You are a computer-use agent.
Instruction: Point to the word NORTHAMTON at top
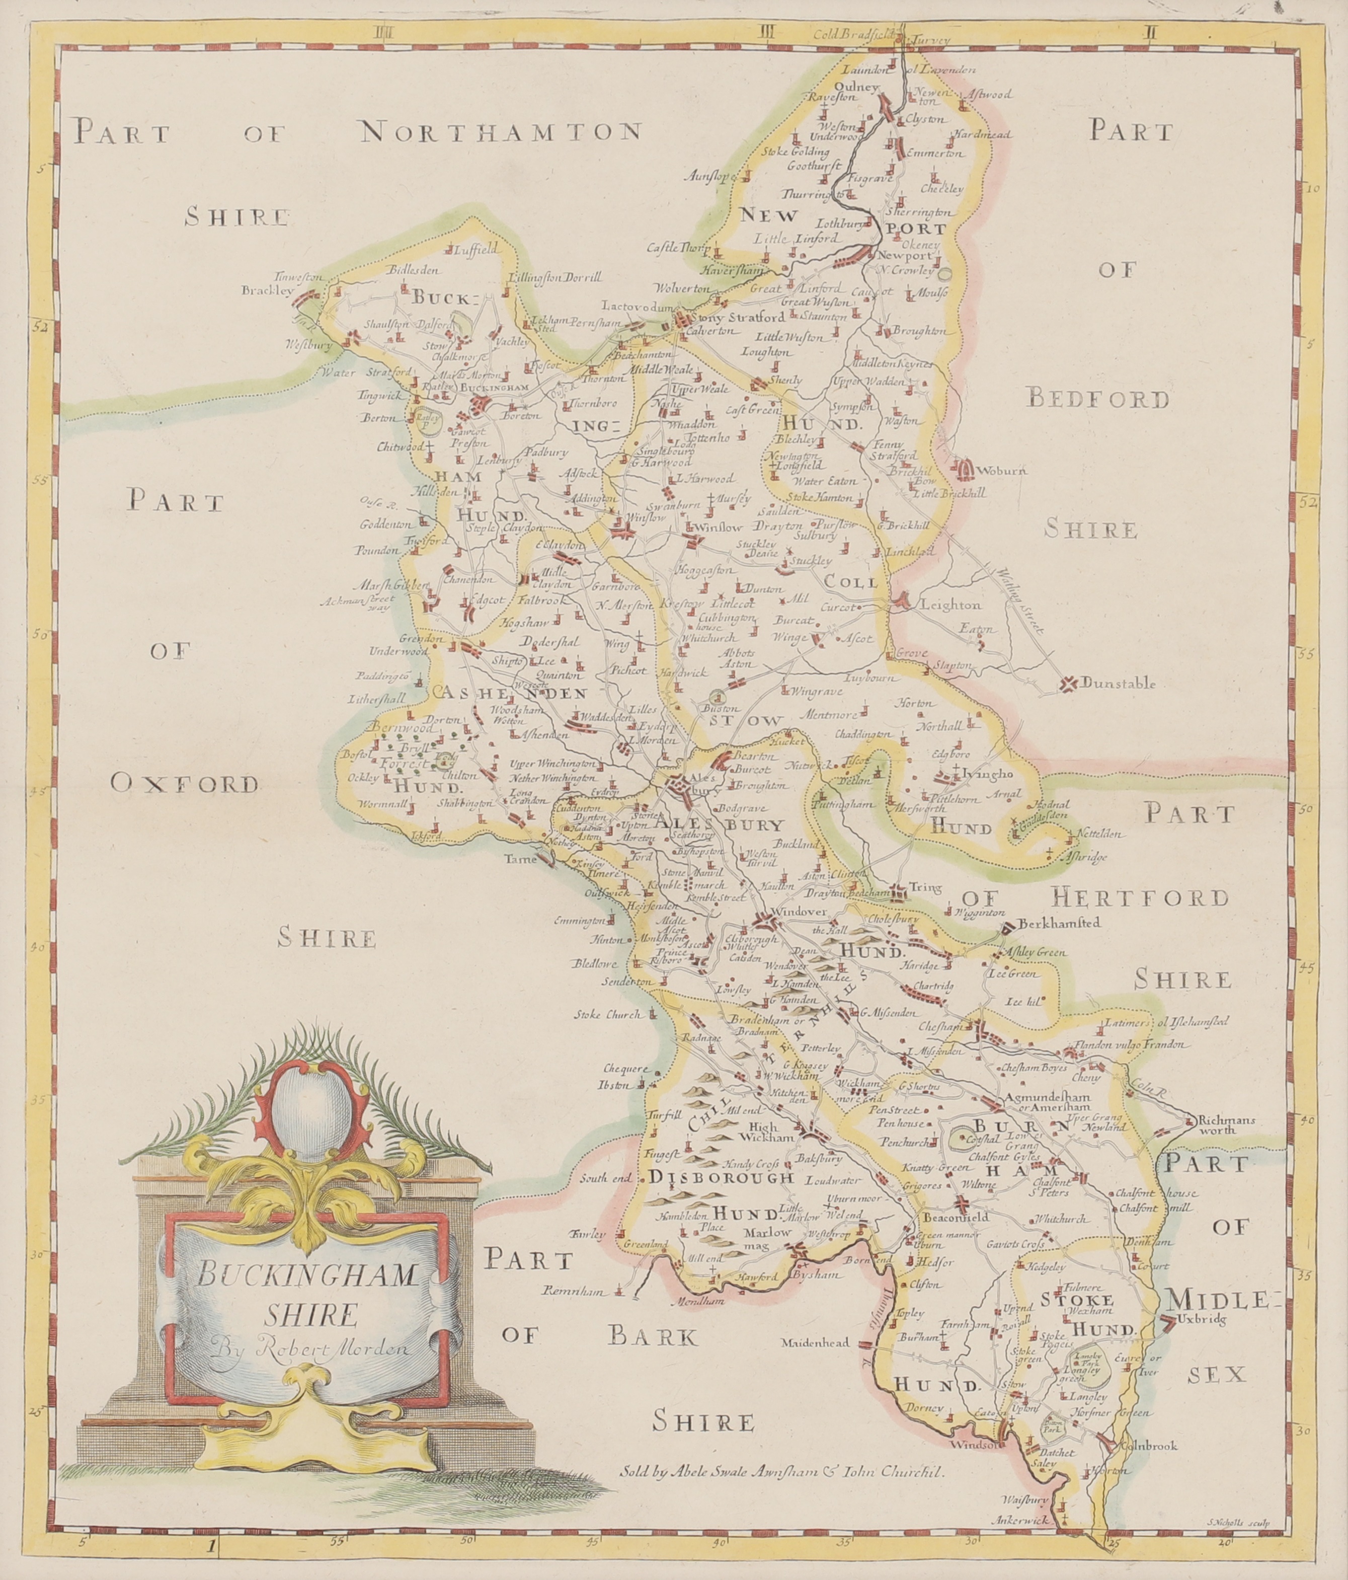pyautogui.click(x=500, y=133)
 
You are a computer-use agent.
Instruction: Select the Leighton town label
pyautogui.click(x=951, y=605)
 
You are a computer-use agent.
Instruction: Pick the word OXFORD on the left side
pyautogui.click(x=185, y=783)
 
